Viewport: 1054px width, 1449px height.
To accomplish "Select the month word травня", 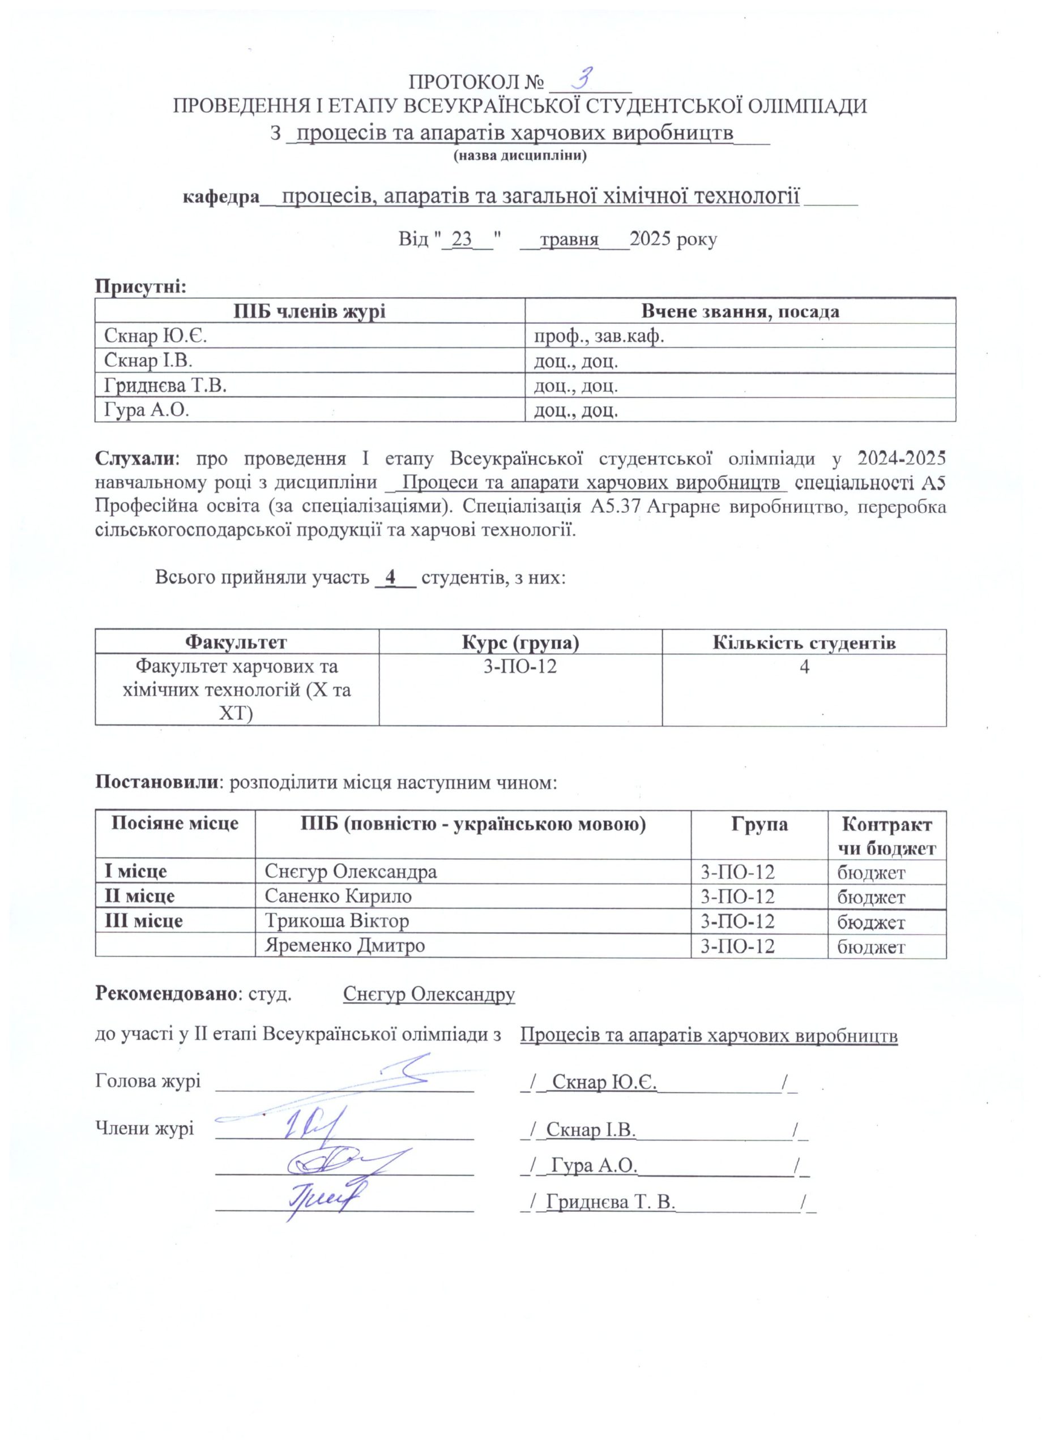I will coord(568,239).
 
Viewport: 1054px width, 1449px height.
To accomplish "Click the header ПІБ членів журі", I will coord(309,311).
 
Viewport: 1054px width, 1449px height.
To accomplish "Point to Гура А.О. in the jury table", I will coord(147,410).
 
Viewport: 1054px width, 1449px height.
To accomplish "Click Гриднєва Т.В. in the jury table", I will coord(165,385).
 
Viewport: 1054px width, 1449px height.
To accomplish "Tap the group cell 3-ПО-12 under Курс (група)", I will coord(520,667).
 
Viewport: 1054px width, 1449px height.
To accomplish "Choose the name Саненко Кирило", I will coord(338,896).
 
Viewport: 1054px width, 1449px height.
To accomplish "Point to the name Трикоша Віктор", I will coord(337,921).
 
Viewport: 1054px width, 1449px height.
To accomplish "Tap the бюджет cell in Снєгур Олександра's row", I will coord(871,872).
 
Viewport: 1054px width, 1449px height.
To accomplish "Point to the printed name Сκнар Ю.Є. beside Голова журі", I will coord(605,1082).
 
